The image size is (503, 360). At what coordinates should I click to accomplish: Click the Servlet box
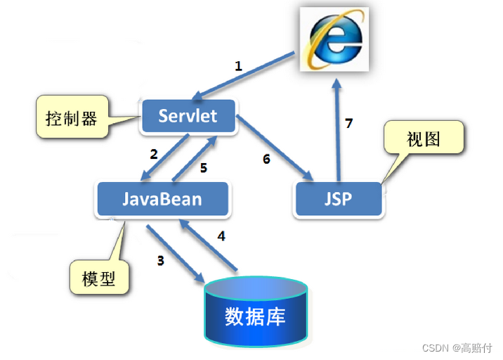pos(188,116)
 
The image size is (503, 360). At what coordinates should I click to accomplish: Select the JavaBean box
pos(162,199)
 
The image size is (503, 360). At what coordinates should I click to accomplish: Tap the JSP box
pos(339,199)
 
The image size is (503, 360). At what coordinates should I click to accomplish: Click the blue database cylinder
pos(255,313)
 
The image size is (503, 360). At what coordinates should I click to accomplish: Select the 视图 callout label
pos(424,139)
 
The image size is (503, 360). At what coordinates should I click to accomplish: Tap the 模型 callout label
pos(99,278)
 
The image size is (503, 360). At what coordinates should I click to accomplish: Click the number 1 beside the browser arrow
pos(238,67)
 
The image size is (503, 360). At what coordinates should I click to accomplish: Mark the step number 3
pos(160,261)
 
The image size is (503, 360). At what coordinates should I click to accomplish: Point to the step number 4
pos(221,236)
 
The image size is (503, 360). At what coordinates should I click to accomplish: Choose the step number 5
pos(204,168)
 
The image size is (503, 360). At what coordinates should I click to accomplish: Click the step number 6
pos(266,159)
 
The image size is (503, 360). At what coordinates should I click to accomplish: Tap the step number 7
pos(349,124)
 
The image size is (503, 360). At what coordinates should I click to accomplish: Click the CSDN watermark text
pos(457,347)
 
